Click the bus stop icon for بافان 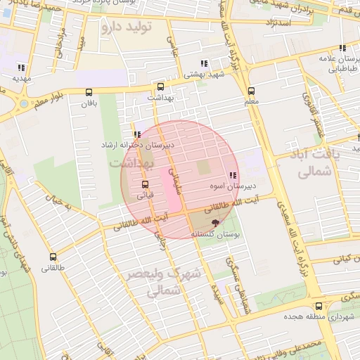[89, 92]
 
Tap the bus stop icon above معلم [251, 91]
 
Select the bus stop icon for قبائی [145, 184]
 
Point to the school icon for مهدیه [21, 68]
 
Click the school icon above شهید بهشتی [203, 63]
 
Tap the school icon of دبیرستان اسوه [232, 176]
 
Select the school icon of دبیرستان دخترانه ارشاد [136, 134]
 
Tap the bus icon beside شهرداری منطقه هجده [319, 306]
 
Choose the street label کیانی [335, 260]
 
